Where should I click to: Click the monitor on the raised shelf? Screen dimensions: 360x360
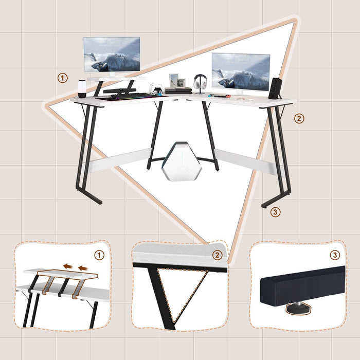pyautogui.click(x=112, y=55)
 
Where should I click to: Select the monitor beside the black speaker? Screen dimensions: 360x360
pyautogui.click(x=241, y=73)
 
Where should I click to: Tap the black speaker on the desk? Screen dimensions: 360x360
pyautogui.click(x=275, y=88)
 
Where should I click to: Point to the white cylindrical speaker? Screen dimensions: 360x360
pyautogui.click(x=82, y=89)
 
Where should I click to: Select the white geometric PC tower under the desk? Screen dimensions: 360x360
pyautogui.click(x=182, y=161)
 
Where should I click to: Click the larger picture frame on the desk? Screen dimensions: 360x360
pyautogui.click(x=174, y=80)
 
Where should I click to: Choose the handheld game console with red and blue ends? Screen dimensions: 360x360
pyautogui.click(x=219, y=96)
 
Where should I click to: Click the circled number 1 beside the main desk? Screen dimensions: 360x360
pyautogui.click(x=62, y=78)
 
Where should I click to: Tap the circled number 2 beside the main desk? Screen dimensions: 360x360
pyautogui.click(x=299, y=118)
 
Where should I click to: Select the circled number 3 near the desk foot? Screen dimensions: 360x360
pyautogui.click(x=275, y=212)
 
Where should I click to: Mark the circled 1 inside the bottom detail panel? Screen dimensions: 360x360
pyautogui.click(x=99, y=255)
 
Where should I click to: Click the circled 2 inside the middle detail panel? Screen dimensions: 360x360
pyautogui.click(x=217, y=255)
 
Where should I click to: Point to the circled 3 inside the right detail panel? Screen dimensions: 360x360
pyautogui.click(x=335, y=255)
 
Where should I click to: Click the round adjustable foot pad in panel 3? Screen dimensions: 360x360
pyautogui.click(x=298, y=309)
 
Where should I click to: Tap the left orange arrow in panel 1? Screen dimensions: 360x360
pyautogui.click(x=68, y=266)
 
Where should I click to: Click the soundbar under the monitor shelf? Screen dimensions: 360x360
pyautogui.click(x=119, y=91)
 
